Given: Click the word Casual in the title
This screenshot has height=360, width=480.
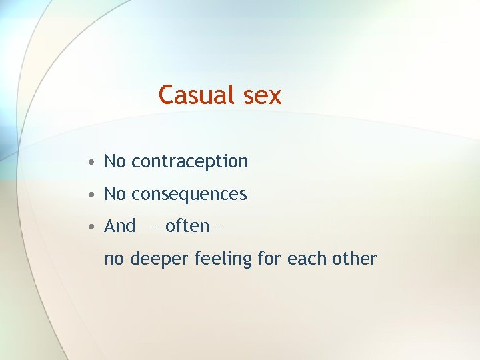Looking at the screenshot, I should [197, 95].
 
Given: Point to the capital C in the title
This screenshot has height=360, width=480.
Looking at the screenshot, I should [167, 95].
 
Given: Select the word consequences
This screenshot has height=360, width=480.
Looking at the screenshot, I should [189, 195].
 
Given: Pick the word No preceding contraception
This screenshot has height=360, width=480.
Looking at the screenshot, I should [115, 161].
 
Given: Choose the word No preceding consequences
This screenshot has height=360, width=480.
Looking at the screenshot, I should [115, 194].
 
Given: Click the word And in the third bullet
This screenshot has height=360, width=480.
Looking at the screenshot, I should [120, 227].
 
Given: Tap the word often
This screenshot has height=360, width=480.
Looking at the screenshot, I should [187, 227].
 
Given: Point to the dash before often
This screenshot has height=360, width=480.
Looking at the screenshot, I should [155, 228].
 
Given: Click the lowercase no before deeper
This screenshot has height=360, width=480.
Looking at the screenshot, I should [114, 259].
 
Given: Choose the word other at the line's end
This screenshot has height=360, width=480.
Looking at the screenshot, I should [355, 258].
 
